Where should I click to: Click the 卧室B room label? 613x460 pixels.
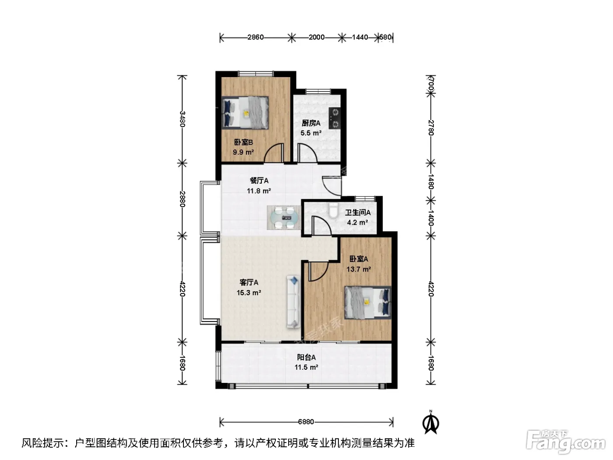click(x=243, y=142)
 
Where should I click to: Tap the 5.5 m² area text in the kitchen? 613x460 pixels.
click(x=311, y=133)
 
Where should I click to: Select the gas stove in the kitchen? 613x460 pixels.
click(x=335, y=118)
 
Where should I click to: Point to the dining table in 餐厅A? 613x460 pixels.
click(x=284, y=218)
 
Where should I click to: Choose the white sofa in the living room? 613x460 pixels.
click(x=293, y=301)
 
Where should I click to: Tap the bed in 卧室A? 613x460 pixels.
click(x=367, y=302)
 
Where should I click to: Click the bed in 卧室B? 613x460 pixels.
click(x=245, y=113)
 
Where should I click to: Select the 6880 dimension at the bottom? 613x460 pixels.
click(x=306, y=422)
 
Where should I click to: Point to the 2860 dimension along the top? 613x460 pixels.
click(x=256, y=37)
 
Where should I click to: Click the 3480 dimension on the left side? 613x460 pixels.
click(x=182, y=119)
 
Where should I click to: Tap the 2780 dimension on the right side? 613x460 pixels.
click(x=431, y=127)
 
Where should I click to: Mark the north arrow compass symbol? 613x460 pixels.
click(x=431, y=423)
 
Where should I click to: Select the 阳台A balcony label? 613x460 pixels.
click(x=306, y=357)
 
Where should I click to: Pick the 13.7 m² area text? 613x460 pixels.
click(x=359, y=269)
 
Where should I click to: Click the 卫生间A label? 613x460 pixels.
click(x=358, y=212)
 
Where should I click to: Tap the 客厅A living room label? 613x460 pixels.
click(x=249, y=283)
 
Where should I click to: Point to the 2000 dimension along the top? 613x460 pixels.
click(x=317, y=37)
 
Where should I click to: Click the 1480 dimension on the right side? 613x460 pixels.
click(x=431, y=181)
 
